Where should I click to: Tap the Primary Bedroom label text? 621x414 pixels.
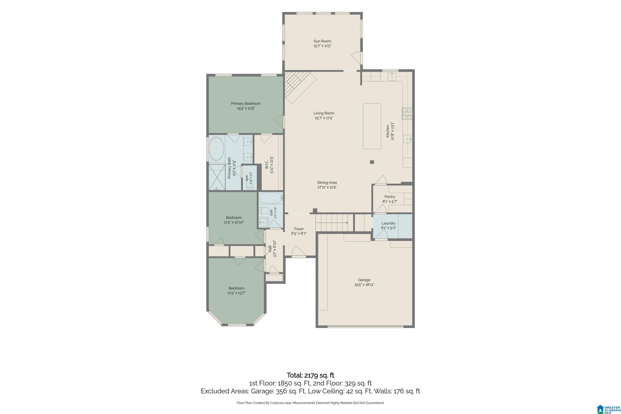246,104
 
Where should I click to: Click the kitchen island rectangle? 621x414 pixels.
372,126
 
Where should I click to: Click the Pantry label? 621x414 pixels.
390,197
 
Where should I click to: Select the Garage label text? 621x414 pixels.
364,280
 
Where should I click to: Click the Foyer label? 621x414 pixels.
299,229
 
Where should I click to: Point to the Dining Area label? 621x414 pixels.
327,183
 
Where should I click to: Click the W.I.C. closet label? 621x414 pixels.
267,165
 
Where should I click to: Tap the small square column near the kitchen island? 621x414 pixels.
372,162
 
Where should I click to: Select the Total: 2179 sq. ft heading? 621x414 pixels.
310,375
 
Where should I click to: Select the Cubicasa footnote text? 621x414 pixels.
310,403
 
